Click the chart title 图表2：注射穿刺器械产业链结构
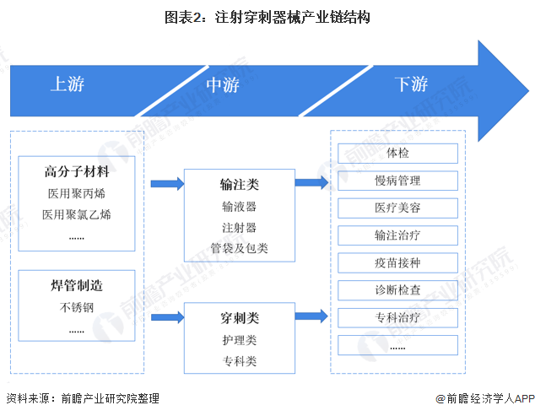coord(267,16)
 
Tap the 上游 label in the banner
coord(68,84)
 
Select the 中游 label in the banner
coord(223,84)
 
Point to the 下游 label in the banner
coord(411,84)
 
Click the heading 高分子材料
coord(77,172)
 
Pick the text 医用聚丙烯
coord(77,193)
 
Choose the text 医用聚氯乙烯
coord(77,214)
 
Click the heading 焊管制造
coord(77,286)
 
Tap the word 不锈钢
coord(77,307)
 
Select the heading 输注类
coord(240,184)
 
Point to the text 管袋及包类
coord(240,248)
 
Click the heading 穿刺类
coord(240,318)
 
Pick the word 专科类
coord(240,361)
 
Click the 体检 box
coord(397,154)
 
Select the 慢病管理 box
coord(397,181)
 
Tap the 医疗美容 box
coord(397,208)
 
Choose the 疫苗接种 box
coord(397,263)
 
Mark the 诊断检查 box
coord(397,290)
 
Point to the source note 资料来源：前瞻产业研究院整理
coord(82,398)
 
